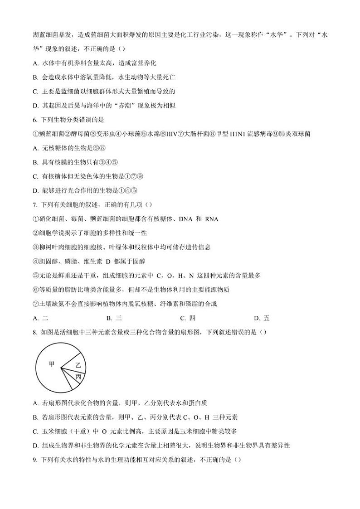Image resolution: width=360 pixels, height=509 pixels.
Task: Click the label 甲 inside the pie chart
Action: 52,364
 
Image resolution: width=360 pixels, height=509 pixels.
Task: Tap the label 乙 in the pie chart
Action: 78,365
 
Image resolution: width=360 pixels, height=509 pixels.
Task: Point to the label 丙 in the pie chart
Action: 78,377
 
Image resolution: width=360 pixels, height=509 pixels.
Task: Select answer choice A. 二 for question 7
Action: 41,318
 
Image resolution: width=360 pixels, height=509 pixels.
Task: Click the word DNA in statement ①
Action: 186,219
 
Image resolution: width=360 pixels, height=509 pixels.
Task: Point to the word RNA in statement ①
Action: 211,219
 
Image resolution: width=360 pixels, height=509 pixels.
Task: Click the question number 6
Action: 35,120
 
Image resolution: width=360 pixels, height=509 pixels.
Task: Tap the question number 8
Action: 35,332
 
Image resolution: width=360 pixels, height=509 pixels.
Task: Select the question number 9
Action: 35,459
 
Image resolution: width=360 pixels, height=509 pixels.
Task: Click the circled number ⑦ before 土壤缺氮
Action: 36,304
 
